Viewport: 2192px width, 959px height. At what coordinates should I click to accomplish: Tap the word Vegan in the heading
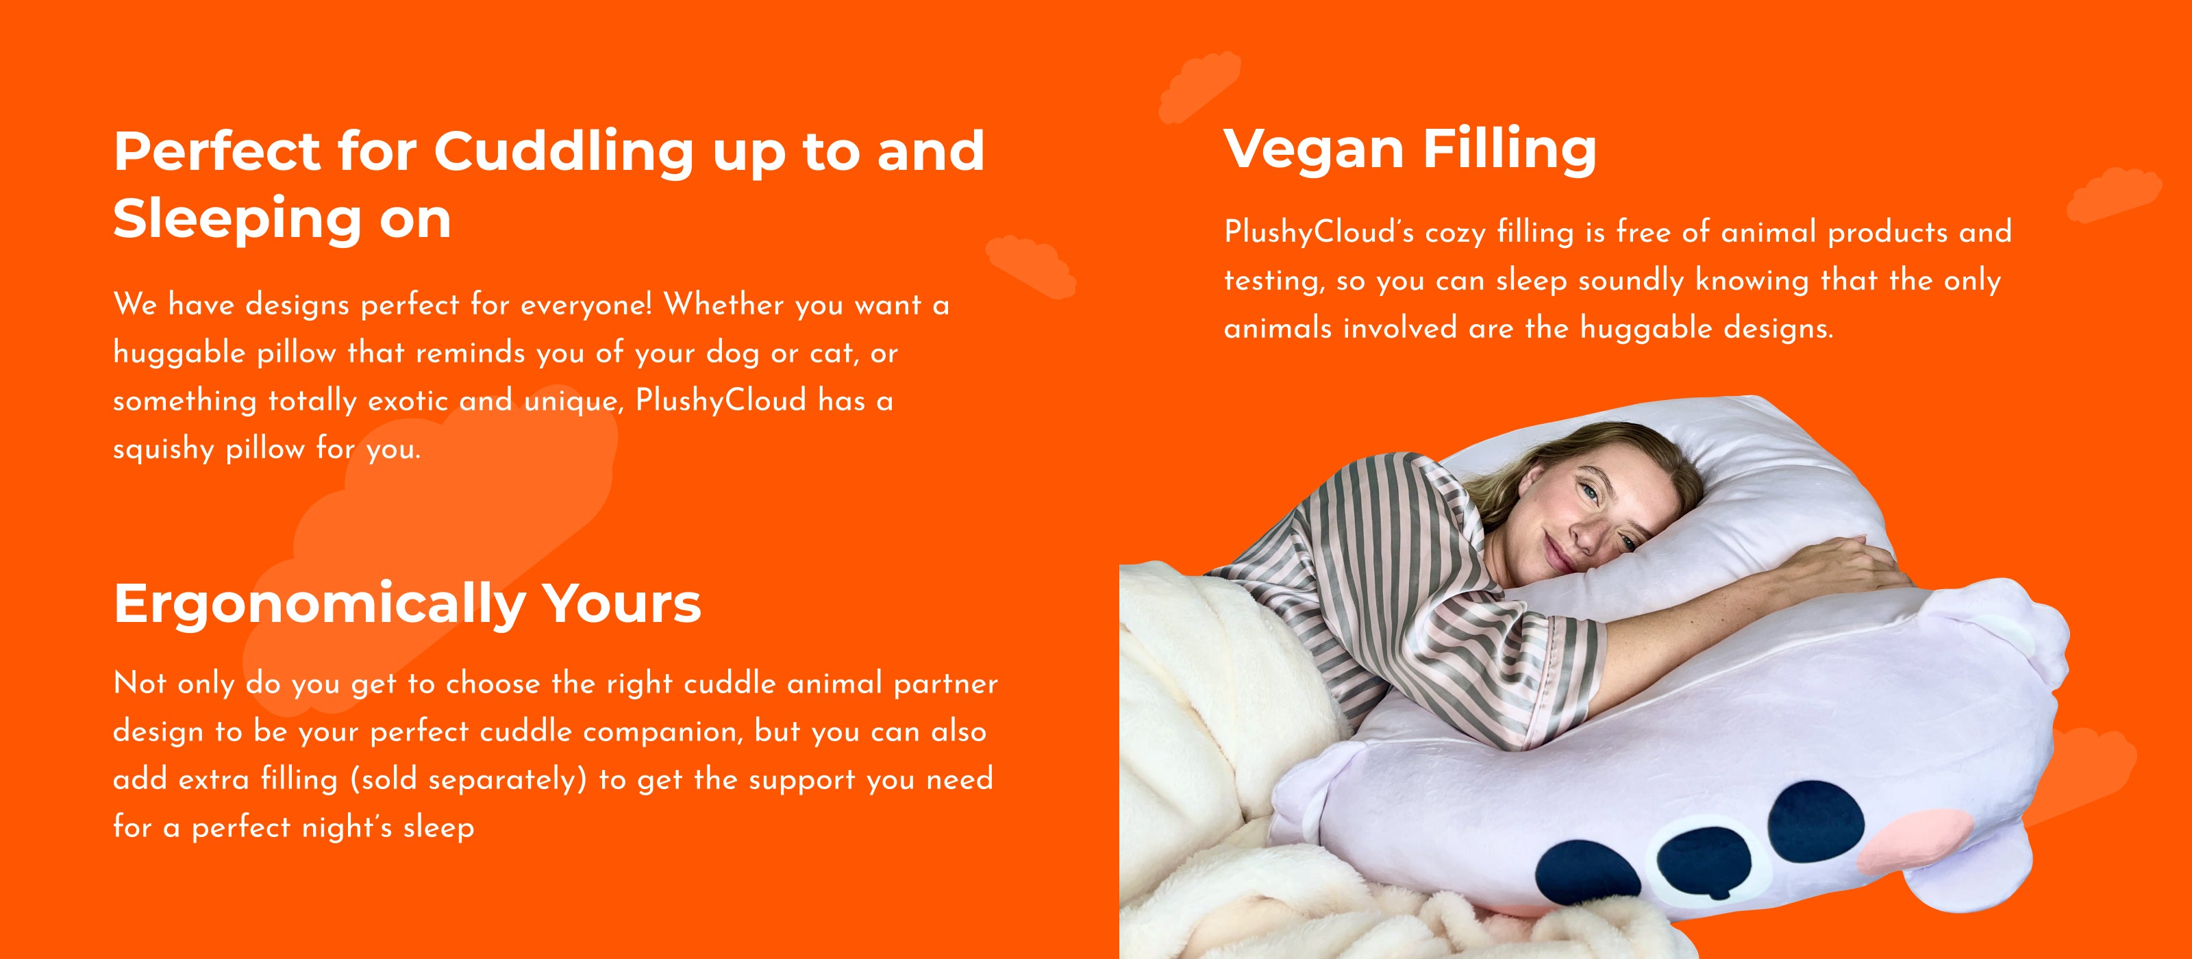click(1314, 149)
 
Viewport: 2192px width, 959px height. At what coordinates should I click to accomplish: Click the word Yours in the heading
click(622, 603)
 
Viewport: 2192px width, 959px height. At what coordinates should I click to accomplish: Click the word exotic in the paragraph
click(408, 400)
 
